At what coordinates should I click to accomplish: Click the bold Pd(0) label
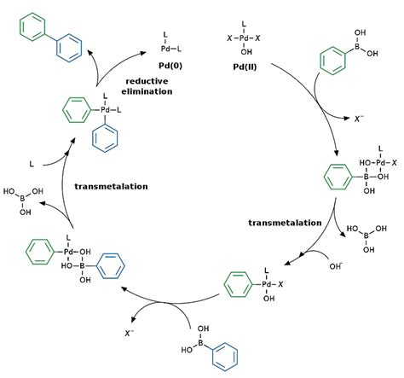point(170,66)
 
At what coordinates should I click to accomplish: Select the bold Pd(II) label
point(245,67)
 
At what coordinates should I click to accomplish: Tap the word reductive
point(147,81)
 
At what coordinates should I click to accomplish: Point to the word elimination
point(147,91)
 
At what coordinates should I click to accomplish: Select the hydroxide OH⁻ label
point(336,266)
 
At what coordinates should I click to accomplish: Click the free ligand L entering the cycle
point(32,164)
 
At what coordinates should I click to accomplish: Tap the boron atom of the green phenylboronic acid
point(357,47)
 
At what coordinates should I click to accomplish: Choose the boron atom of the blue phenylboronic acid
point(200,343)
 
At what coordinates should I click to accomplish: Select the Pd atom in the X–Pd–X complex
point(244,38)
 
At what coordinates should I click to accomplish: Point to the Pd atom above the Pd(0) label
point(165,49)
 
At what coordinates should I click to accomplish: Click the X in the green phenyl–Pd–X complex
point(280,284)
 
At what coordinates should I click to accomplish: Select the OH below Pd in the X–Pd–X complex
point(246,52)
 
